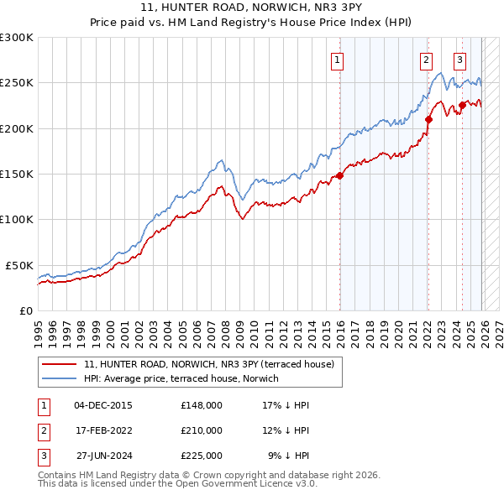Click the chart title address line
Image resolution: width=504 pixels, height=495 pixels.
(251, 9)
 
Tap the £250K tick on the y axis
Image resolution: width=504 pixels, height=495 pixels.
(17, 83)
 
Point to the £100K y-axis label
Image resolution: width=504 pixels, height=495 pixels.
(17, 219)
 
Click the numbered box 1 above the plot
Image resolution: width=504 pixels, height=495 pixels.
(337, 60)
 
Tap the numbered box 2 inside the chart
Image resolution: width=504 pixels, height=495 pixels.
(426, 60)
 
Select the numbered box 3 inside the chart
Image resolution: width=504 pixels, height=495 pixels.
(459, 60)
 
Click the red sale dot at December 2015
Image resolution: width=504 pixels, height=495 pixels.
(340, 175)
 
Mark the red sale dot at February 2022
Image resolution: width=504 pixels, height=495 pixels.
(428, 119)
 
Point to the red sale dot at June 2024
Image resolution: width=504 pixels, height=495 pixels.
(462, 106)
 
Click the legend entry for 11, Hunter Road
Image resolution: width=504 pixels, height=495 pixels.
(209, 364)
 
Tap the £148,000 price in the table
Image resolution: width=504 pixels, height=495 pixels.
(201, 405)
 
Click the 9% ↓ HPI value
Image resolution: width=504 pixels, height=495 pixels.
(288, 456)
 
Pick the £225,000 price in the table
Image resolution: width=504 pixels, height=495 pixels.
(201, 456)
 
